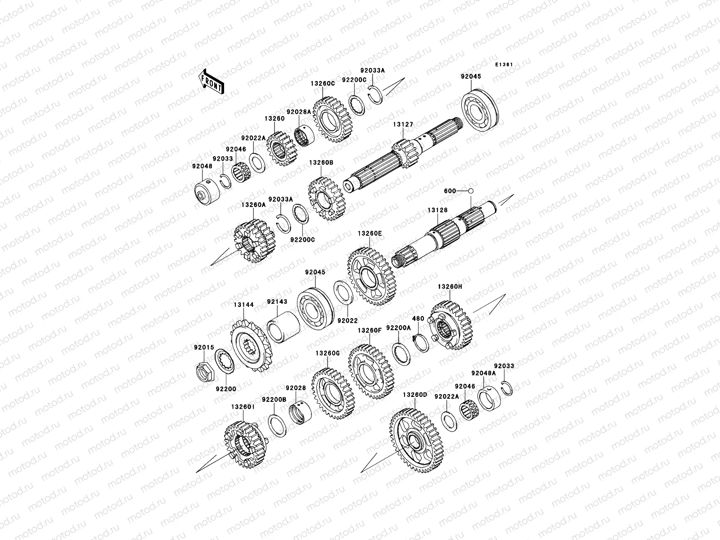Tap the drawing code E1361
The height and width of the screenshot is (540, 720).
[x=504, y=65]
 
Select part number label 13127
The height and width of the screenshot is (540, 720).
[x=403, y=125]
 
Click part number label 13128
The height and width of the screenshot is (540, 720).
[x=437, y=210]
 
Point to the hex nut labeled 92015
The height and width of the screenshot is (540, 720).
[x=205, y=372]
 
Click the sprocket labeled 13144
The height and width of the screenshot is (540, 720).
[x=251, y=346]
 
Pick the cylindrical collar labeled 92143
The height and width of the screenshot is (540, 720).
[x=283, y=327]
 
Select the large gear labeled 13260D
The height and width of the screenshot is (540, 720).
[x=417, y=440]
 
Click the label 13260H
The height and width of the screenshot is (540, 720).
[x=450, y=287]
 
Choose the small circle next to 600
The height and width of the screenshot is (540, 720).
[x=471, y=191]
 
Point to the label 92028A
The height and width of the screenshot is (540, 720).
[x=298, y=112]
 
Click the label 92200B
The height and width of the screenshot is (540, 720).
[x=274, y=400]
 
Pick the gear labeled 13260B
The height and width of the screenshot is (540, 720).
[x=327, y=199]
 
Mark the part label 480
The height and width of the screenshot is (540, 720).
[x=418, y=318]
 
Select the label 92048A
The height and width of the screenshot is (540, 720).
[x=483, y=373]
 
